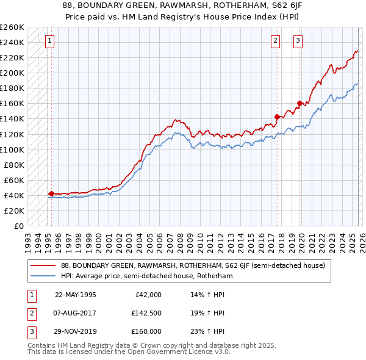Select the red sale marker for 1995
click(x=51, y=193)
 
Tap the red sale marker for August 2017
click(x=277, y=117)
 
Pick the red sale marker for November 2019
click(x=300, y=103)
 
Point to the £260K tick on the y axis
click(x=12, y=27)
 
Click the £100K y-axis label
click(x=12, y=149)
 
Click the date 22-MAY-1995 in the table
click(x=76, y=295)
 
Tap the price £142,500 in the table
click(x=146, y=313)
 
